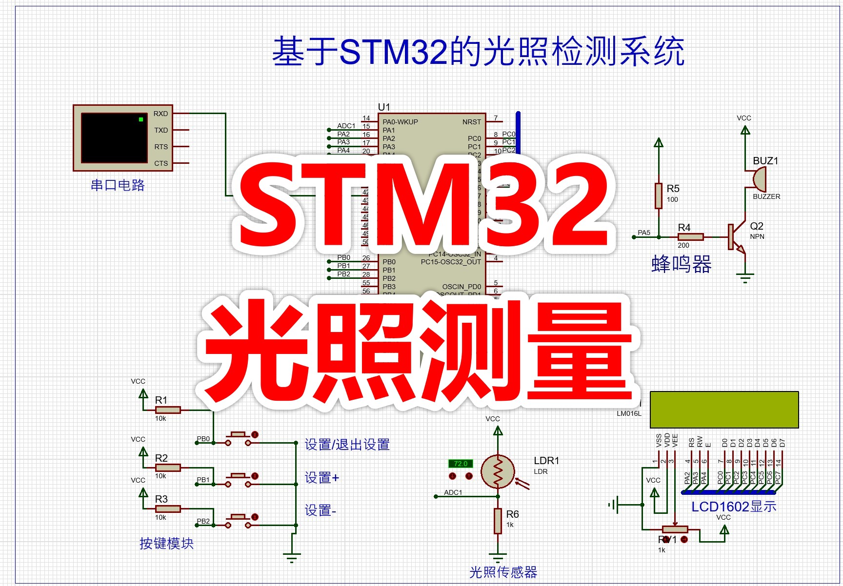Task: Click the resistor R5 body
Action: coord(659,195)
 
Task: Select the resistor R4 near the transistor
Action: coord(691,237)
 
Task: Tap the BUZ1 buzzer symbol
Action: coord(759,180)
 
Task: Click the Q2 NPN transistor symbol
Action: coord(736,237)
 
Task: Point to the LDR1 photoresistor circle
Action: coord(498,471)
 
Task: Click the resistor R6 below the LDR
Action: coord(498,521)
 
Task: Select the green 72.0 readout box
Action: coord(461,464)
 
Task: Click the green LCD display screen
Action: coord(724,410)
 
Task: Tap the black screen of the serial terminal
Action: coord(114,138)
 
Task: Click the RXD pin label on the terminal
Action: coord(161,114)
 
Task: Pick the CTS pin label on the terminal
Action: coord(161,163)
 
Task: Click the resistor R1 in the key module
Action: coord(168,410)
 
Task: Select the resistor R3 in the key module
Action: coord(168,509)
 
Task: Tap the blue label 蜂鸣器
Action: coord(681,264)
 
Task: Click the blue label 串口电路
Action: coord(118,185)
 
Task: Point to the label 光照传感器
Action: coord(503,572)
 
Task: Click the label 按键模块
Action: coord(166,543)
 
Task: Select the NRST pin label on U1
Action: coord(471,122)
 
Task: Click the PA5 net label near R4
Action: coord(644,233)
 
